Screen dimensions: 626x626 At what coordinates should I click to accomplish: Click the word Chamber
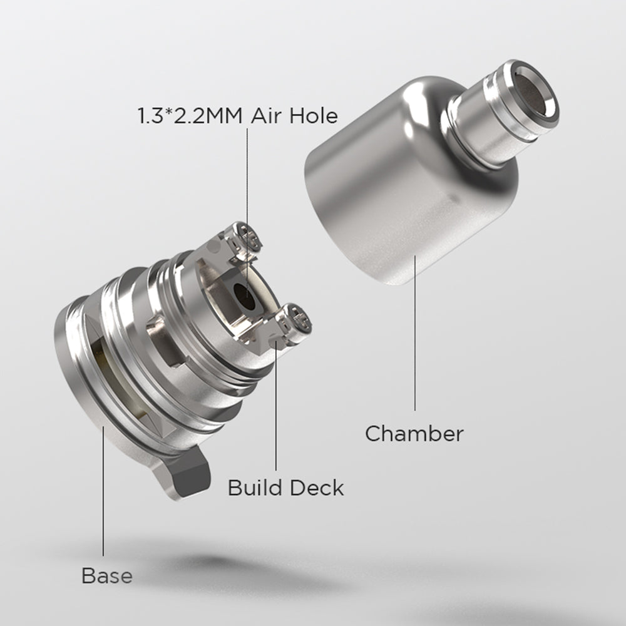[414, 433]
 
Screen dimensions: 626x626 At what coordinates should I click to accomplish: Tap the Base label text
[106, 575]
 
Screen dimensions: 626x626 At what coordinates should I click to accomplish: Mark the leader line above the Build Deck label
[275, 407]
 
